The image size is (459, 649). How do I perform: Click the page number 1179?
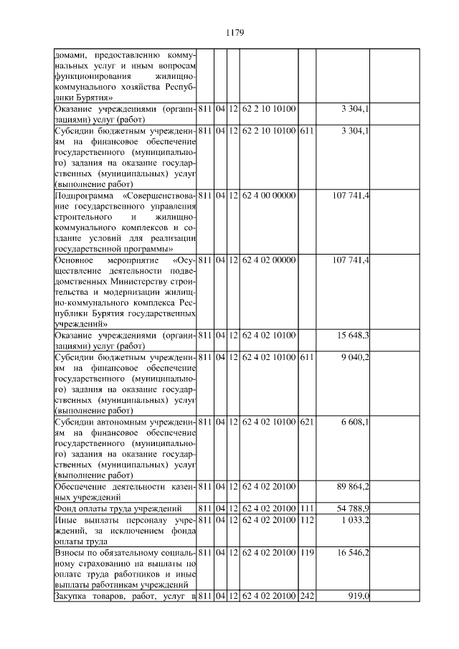pyautogui.click(x=235, y=32)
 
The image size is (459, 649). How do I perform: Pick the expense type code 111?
pyautogui.click(x=306, y=509)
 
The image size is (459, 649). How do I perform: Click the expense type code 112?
pyautogui.click(x=306, y=520)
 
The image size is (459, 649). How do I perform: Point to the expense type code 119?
pyautogui.click(x=306, y=553)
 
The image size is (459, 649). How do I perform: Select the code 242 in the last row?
pyautogui.click(x=306, y=596)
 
